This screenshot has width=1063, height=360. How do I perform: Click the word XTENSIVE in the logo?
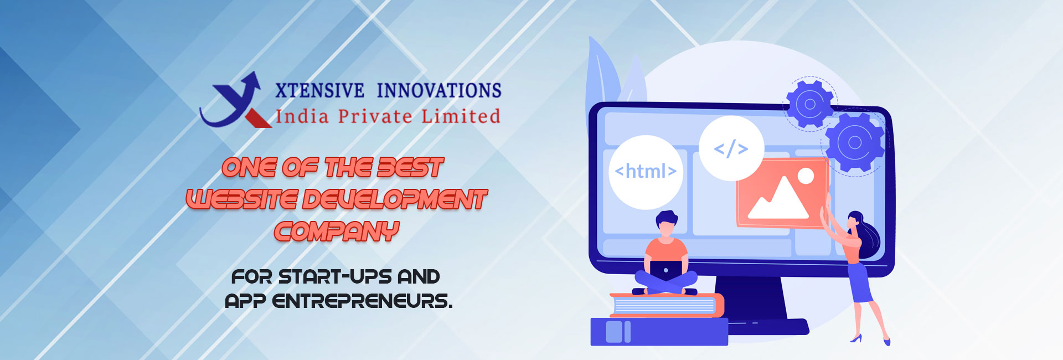(319, 90)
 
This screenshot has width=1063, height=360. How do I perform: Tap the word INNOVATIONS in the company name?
(439, 90)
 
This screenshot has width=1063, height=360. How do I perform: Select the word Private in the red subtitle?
(375, 116)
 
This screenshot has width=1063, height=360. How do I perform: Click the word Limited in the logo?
(461, 116)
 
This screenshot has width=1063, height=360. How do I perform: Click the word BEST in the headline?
(410, 167)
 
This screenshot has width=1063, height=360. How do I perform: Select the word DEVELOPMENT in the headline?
(395, 199)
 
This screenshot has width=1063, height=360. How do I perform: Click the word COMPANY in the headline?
(337, 232)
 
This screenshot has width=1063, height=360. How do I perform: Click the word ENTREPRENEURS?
(362, 301)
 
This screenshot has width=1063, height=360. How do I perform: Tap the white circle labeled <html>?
(646, 172)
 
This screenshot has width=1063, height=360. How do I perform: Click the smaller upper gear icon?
(809, 104)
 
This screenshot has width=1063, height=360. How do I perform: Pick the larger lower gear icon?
(854, 142)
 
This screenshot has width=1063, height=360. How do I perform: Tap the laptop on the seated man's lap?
(665, 270)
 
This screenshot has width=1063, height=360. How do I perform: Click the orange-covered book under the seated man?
(667, 305)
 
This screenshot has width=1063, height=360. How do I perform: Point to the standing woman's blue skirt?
(860, 282)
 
